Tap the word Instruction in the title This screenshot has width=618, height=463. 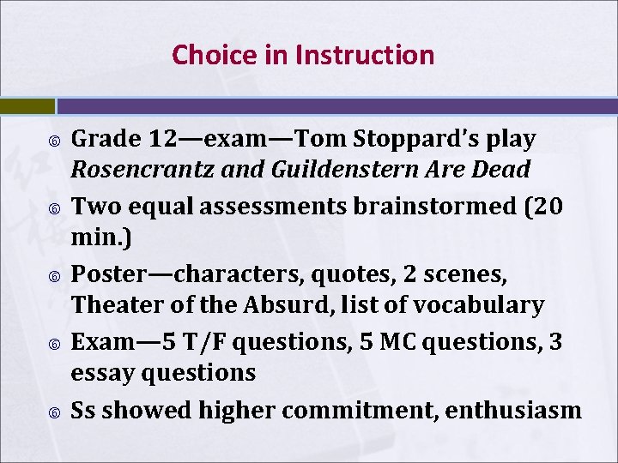coord(365,55)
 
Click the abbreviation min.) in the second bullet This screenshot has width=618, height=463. coord(101,238)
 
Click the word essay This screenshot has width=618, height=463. coord(101,372)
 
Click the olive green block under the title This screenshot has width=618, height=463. coord(27,105)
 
